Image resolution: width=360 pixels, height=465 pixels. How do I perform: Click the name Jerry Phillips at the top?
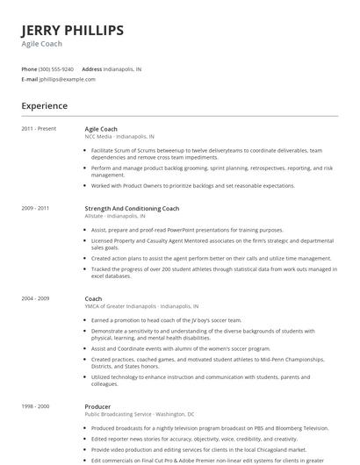[72, 31]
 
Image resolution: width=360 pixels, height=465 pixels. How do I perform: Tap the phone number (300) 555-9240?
[56, 68]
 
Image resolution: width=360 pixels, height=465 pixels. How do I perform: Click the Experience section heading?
[44, 106]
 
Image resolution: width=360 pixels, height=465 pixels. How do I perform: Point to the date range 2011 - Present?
[39, 129]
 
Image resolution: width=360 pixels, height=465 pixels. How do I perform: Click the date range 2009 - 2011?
[35, 209]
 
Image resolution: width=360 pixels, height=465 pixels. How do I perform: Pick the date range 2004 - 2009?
[35, 299]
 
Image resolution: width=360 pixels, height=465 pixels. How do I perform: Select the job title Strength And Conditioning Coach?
[132, 209]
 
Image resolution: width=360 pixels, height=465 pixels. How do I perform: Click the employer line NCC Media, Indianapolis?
[119, 137]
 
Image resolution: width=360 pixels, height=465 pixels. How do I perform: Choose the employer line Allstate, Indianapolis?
[115, 216]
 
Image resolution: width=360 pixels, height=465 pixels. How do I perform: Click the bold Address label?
[91, 68]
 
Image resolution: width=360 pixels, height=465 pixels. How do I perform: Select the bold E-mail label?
[30, 79]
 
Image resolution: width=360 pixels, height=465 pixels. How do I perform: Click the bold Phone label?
[29, 68]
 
